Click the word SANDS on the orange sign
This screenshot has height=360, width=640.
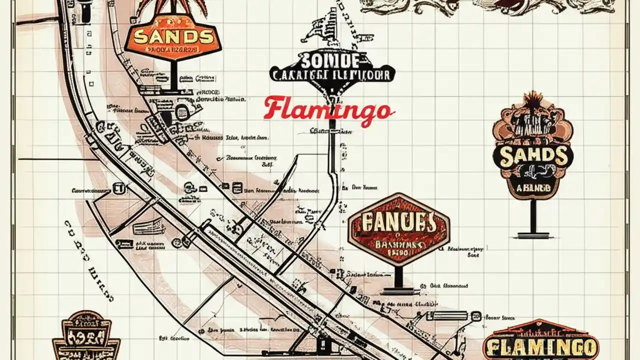click(x=172, y=36)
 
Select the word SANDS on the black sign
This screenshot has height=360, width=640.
click(x=533, y=156)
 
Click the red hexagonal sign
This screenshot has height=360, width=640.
click(x=398, y=229)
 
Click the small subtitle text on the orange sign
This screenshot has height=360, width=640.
click(x=172, y=50)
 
